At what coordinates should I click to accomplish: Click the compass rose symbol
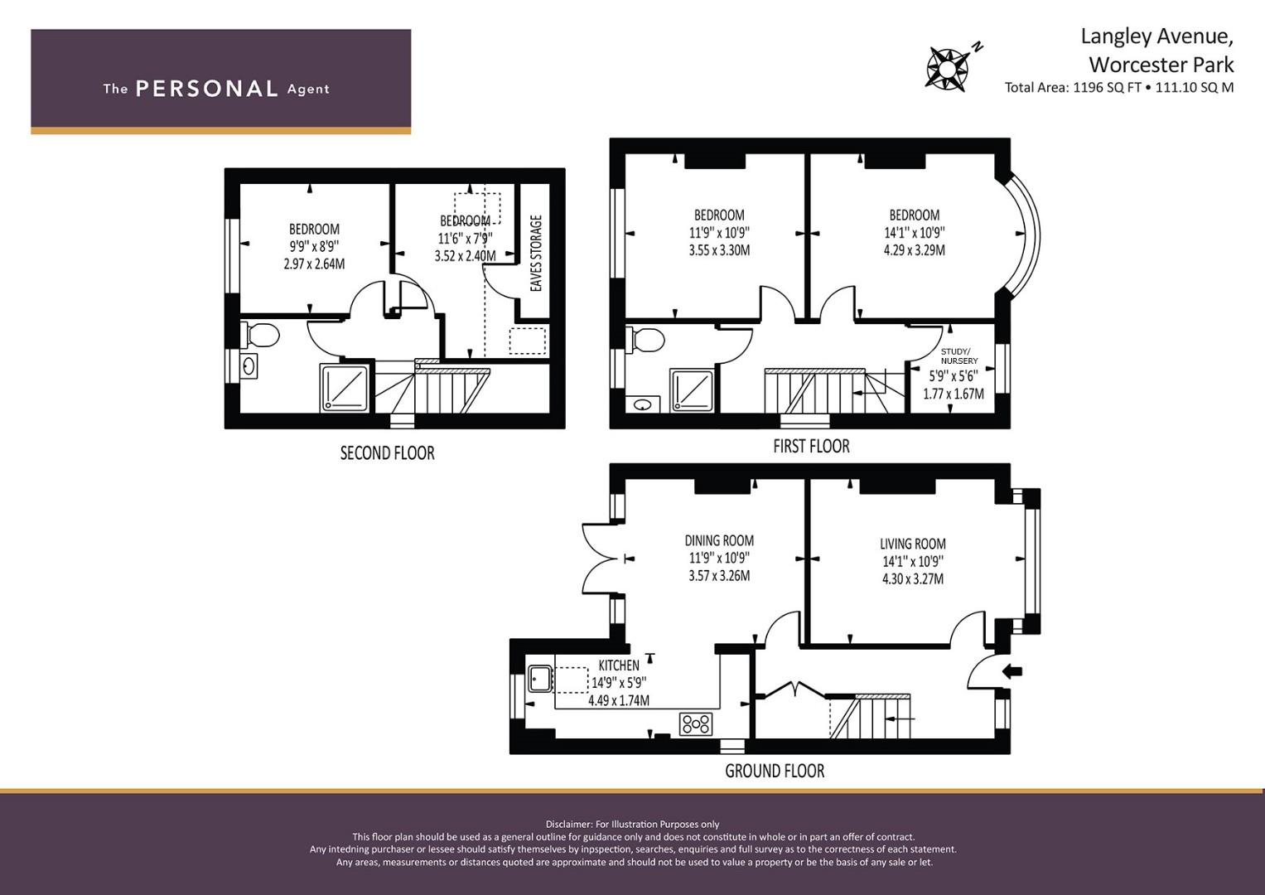click(x=947, y=68)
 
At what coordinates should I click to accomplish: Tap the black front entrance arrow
click(x=1012, y=671)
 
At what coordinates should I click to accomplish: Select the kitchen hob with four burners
click(x=696, y=723)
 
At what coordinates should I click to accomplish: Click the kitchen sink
click(x=540, y=679)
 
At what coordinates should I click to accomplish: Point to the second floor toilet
click(x=260, y=335)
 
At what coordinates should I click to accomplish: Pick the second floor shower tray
click(x=345, y=388)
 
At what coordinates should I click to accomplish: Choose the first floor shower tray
click(x=692, y=390)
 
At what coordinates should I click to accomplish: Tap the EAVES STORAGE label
click(x=536, y=253)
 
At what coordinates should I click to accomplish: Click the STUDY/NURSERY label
click(x=959, y=356)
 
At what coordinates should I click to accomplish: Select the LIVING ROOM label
click(x=913, y=544)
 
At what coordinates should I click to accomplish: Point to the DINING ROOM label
click(x=719, y=540)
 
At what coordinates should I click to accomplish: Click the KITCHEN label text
click(x=618, y=665)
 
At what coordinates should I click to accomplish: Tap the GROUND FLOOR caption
click(x=775, y=771)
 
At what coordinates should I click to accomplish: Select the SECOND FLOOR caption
click(x=387, y=453)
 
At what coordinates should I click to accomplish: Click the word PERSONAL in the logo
click(x=207, y=89)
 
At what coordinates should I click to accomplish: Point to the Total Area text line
click(x=1118, y=88)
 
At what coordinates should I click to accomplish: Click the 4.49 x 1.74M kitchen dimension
click(x=618, y=700)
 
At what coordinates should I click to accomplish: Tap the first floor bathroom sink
click(x=642, y=404)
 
